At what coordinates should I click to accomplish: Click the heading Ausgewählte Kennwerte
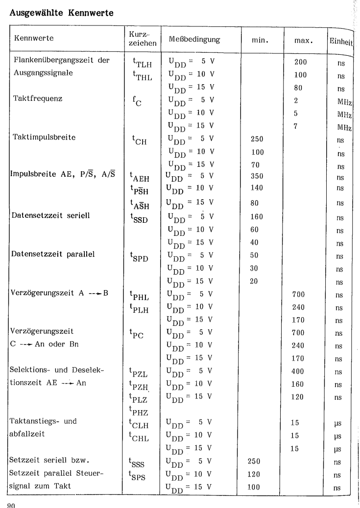(x=62, y=15)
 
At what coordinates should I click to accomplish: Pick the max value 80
(x=298, y=89)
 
